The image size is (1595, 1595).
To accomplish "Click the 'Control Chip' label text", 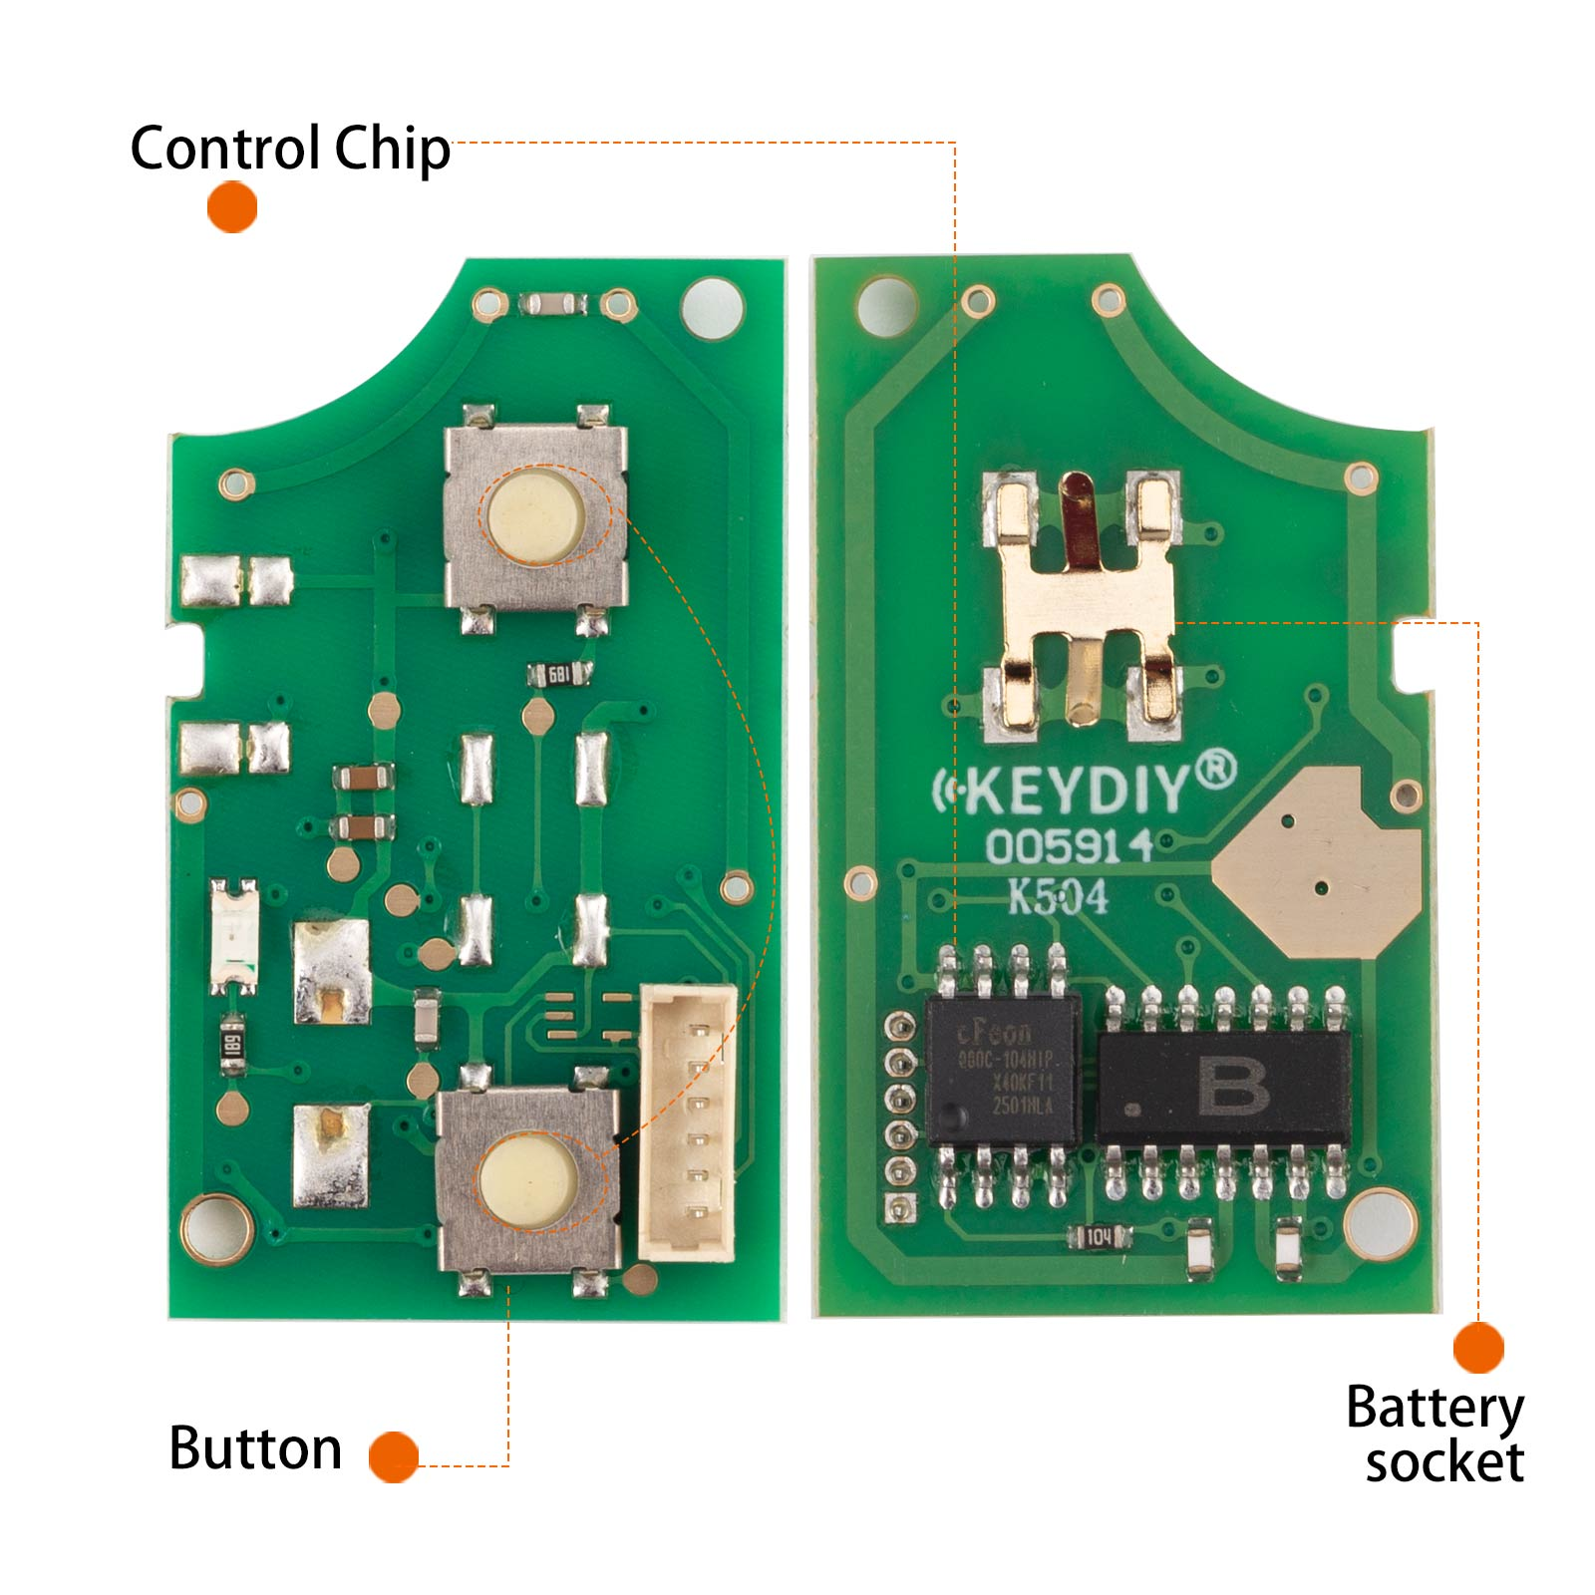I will pos(289,150).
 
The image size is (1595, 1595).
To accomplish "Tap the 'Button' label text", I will pos(255,1448).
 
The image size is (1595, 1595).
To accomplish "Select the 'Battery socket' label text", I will pos(1435,1435).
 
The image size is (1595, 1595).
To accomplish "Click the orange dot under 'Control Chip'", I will pos(232,207).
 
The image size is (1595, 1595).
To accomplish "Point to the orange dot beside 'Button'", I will pos(394,1456).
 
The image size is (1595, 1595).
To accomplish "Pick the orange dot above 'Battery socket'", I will pos(1477,1348).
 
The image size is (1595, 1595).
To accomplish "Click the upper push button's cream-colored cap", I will pos(534,516).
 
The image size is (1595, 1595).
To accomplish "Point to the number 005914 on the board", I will pos(1069,847).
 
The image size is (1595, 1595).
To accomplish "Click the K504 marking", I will pos(1058,897).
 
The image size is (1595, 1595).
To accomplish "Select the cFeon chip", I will pos(1003,1070).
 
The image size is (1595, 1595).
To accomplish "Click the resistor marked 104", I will pos(1099,1237).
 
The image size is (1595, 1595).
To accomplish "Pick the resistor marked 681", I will pos(558,676).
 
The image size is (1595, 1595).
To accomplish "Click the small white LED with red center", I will pos(234,935).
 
